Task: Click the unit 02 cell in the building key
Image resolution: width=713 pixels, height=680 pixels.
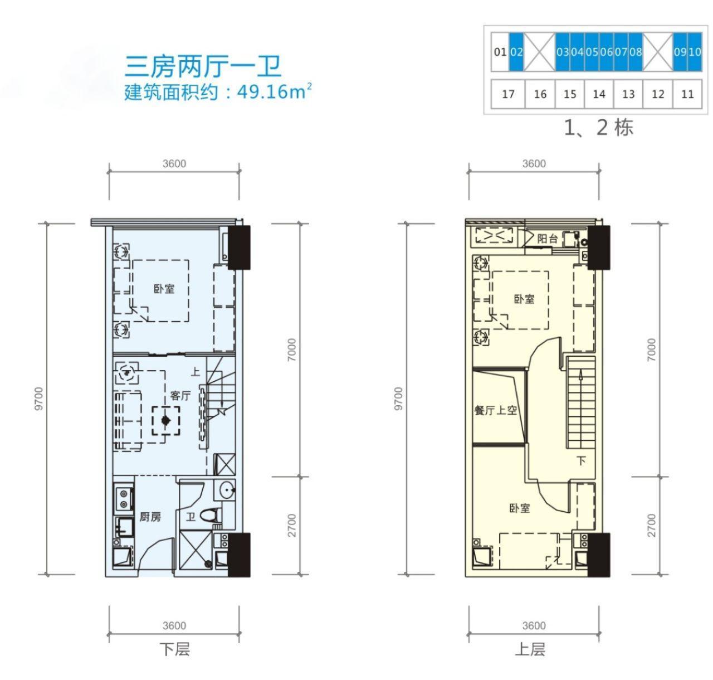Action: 516,52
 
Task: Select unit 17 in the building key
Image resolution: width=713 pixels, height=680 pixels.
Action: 508,94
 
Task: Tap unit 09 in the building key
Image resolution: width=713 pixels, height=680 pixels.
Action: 680,52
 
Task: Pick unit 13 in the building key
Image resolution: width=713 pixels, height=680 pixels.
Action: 628,94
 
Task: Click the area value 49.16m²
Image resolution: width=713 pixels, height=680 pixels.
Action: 274,91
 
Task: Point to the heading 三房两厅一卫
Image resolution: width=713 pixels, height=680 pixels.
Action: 203,67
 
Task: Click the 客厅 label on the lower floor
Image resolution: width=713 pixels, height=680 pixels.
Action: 180,396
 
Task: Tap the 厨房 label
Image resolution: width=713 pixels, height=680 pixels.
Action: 150,517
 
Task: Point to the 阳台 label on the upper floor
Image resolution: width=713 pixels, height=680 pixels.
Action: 547,239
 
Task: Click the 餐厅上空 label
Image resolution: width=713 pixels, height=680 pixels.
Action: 495,410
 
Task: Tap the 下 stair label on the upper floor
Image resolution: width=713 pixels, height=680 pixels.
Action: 582,461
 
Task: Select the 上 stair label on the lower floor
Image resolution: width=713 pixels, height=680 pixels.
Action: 196,372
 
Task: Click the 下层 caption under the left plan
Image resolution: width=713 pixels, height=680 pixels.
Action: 175,649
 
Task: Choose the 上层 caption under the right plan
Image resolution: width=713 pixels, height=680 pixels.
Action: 530,649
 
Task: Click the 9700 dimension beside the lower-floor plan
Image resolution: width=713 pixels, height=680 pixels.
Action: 39,399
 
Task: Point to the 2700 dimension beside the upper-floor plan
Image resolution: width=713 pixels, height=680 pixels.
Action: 652,526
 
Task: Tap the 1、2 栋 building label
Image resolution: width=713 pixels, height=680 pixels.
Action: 599,128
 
